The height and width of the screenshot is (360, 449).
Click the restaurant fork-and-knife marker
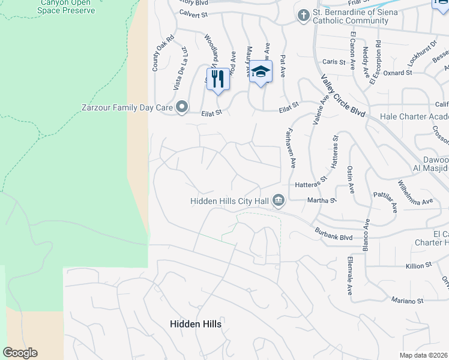tap(218, 78)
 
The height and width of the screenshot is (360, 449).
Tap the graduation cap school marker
tap(260, 71)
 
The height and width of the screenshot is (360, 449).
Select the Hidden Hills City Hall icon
tap(279, 200)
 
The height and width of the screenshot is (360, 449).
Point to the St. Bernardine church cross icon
tap(304, 14)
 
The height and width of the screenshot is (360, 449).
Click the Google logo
tap(20, 353)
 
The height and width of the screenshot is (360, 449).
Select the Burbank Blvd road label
tap(334, 233)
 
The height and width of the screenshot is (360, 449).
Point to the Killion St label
tap(420, 266)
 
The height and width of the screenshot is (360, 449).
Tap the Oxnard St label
tap(398, 73)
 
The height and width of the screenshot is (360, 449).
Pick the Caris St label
tap(334, 61)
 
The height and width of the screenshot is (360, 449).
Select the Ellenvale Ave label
tap(349, 277)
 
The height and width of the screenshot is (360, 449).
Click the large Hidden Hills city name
tap(196, 324)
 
